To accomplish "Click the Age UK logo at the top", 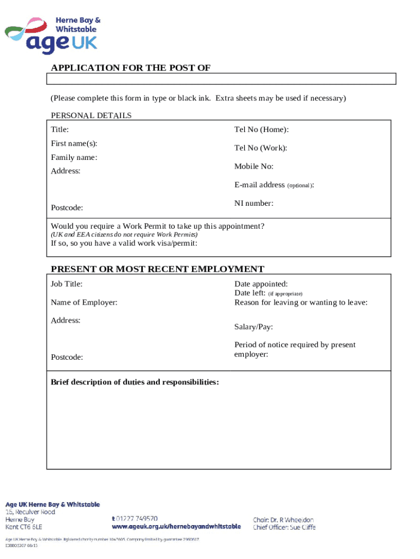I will click(53, 34).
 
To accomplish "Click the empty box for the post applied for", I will click(221, 79).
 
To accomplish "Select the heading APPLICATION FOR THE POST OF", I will click(130, 68).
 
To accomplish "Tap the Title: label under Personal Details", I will click(60, 130).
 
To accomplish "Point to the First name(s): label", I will click(74, 144).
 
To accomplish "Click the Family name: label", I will click(74, 158).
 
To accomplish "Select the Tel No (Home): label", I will click(261, 130).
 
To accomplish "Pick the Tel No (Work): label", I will click(261, 148).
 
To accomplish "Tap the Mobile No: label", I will click(254, 166).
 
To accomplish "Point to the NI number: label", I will click(254, 203).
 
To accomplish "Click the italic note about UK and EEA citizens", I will click(124, 234).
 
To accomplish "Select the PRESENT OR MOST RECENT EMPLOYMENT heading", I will click(157, 269).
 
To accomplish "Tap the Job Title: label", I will click(67, 284).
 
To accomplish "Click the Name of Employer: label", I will click(84, 302).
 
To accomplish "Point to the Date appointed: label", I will click(261, 284).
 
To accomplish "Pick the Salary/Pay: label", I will click(254, 327).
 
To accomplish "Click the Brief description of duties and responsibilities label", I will click(135, 382).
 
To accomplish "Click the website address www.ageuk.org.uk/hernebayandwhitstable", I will click(176, 527).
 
